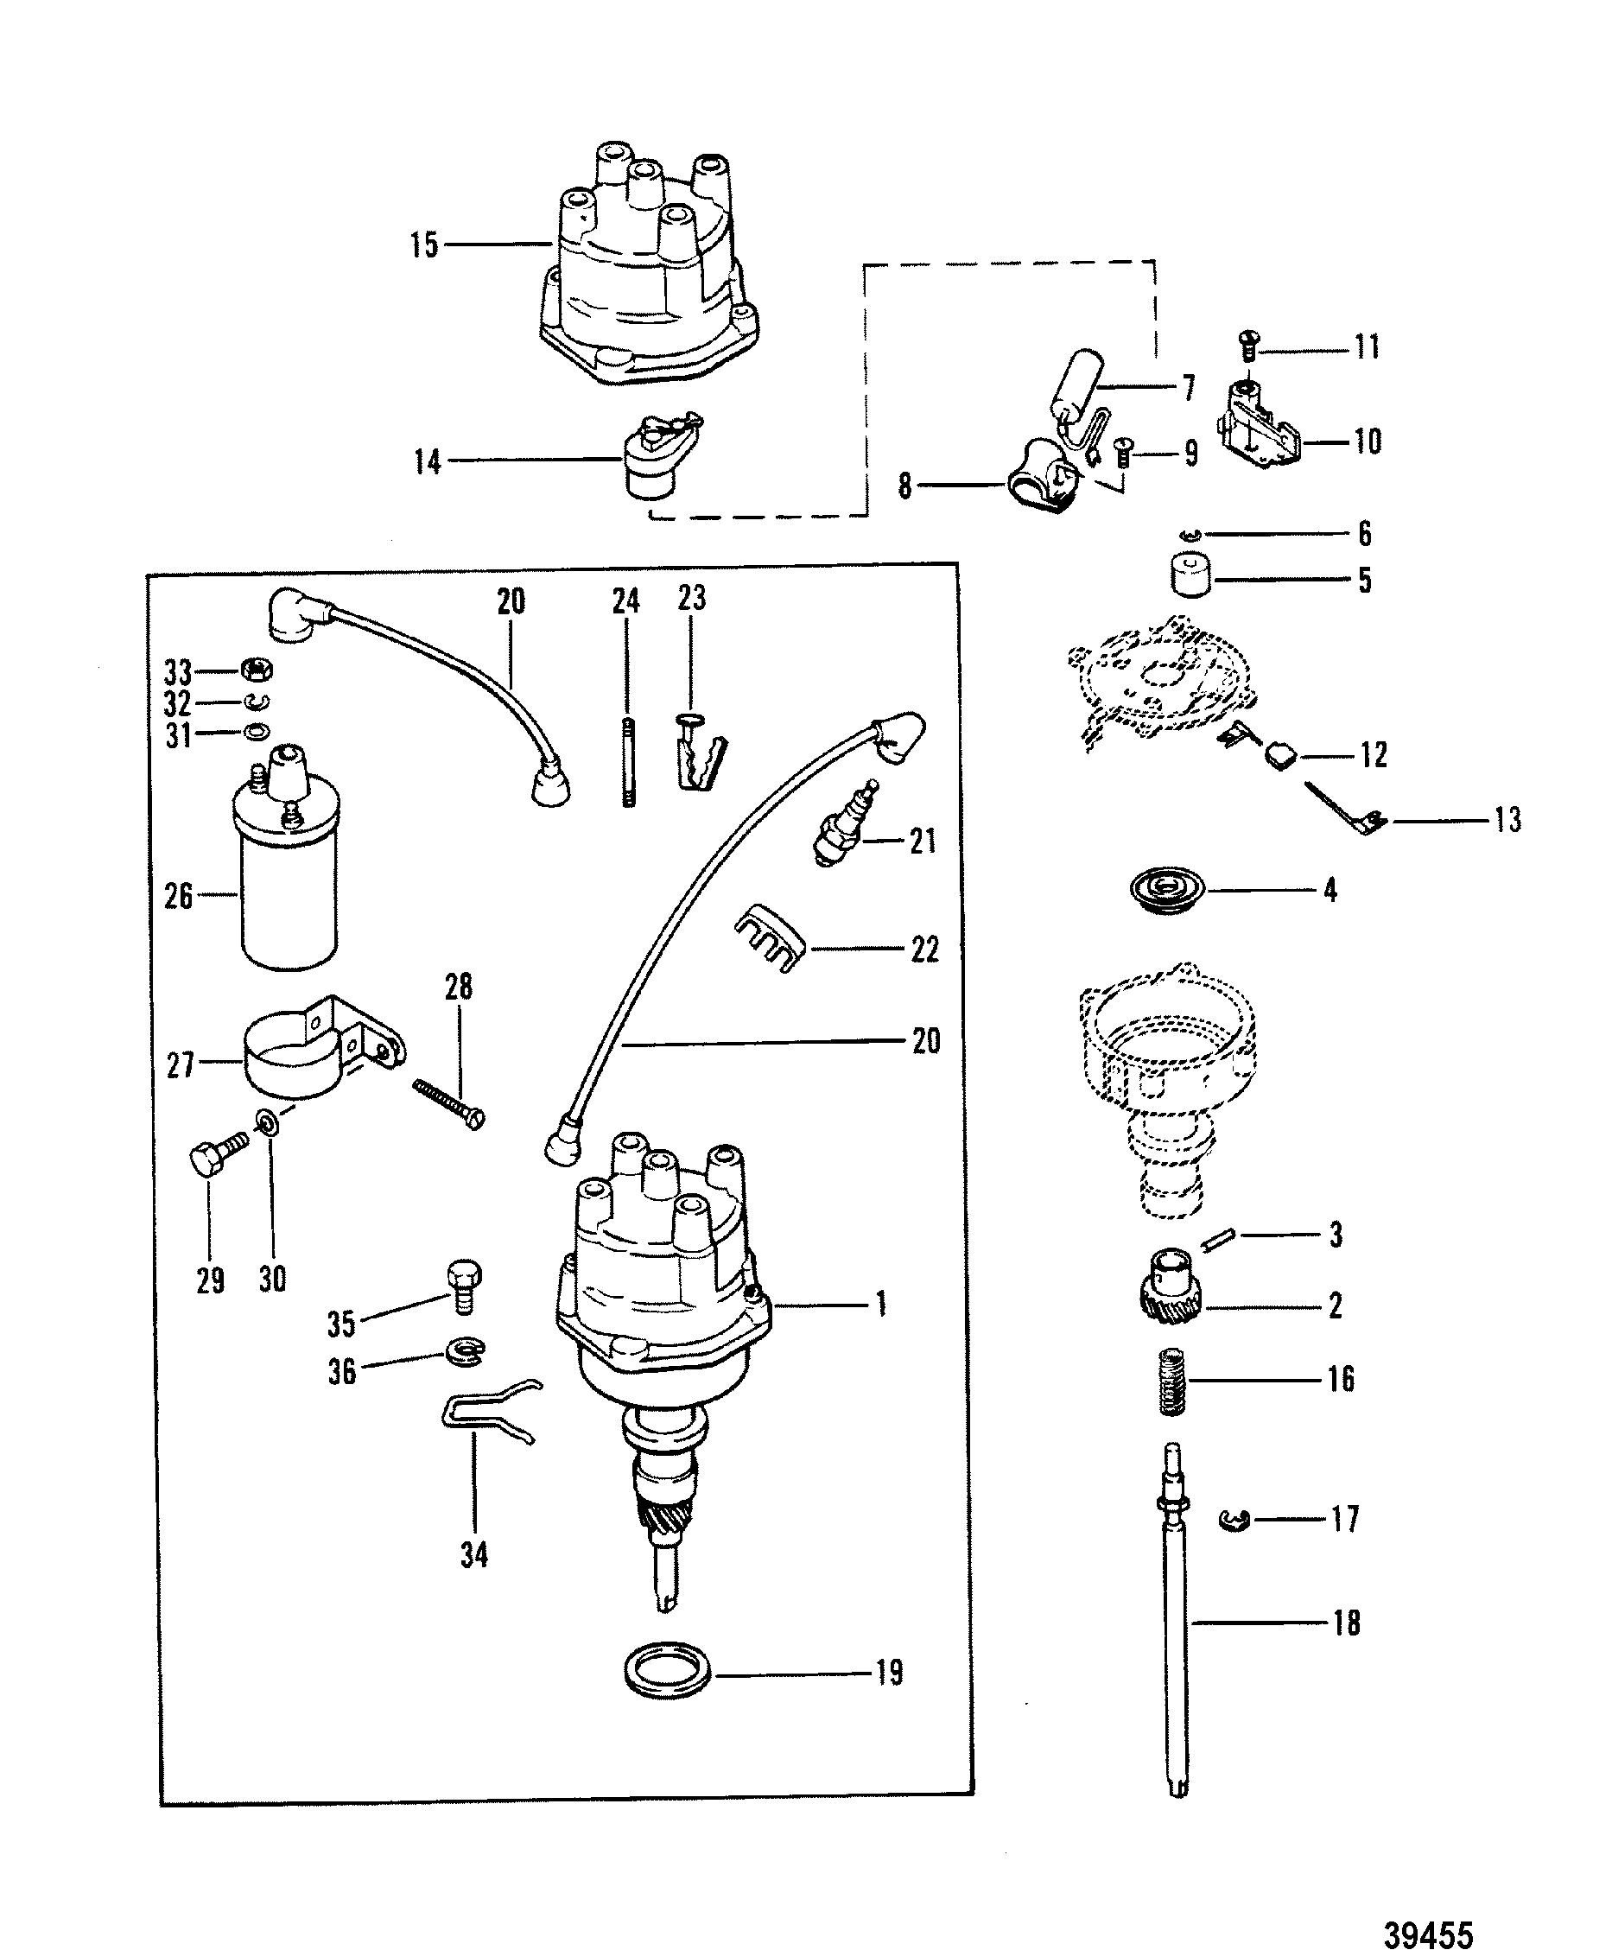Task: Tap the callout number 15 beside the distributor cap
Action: pyautogui.click(x=424, y=245)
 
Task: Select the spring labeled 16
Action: pyautogui.click(x=1175, y=1382)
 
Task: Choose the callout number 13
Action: pyautogui.click(x=1508, y=820)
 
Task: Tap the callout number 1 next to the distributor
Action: pyautogui.click(x=881, y=1305)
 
